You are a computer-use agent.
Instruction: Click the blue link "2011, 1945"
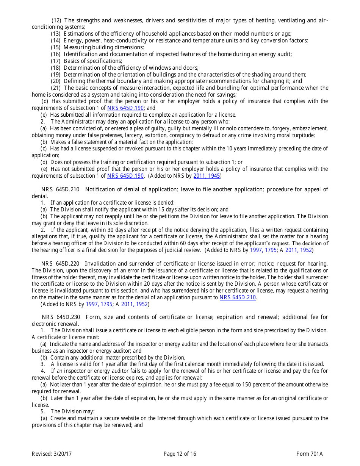coord(207,176)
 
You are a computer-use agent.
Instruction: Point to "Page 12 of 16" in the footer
coord(180,454)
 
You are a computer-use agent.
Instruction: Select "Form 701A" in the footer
coord(310,454)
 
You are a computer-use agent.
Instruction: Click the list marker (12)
coord(56,20)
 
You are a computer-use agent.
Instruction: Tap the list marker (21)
coord(56,88)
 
